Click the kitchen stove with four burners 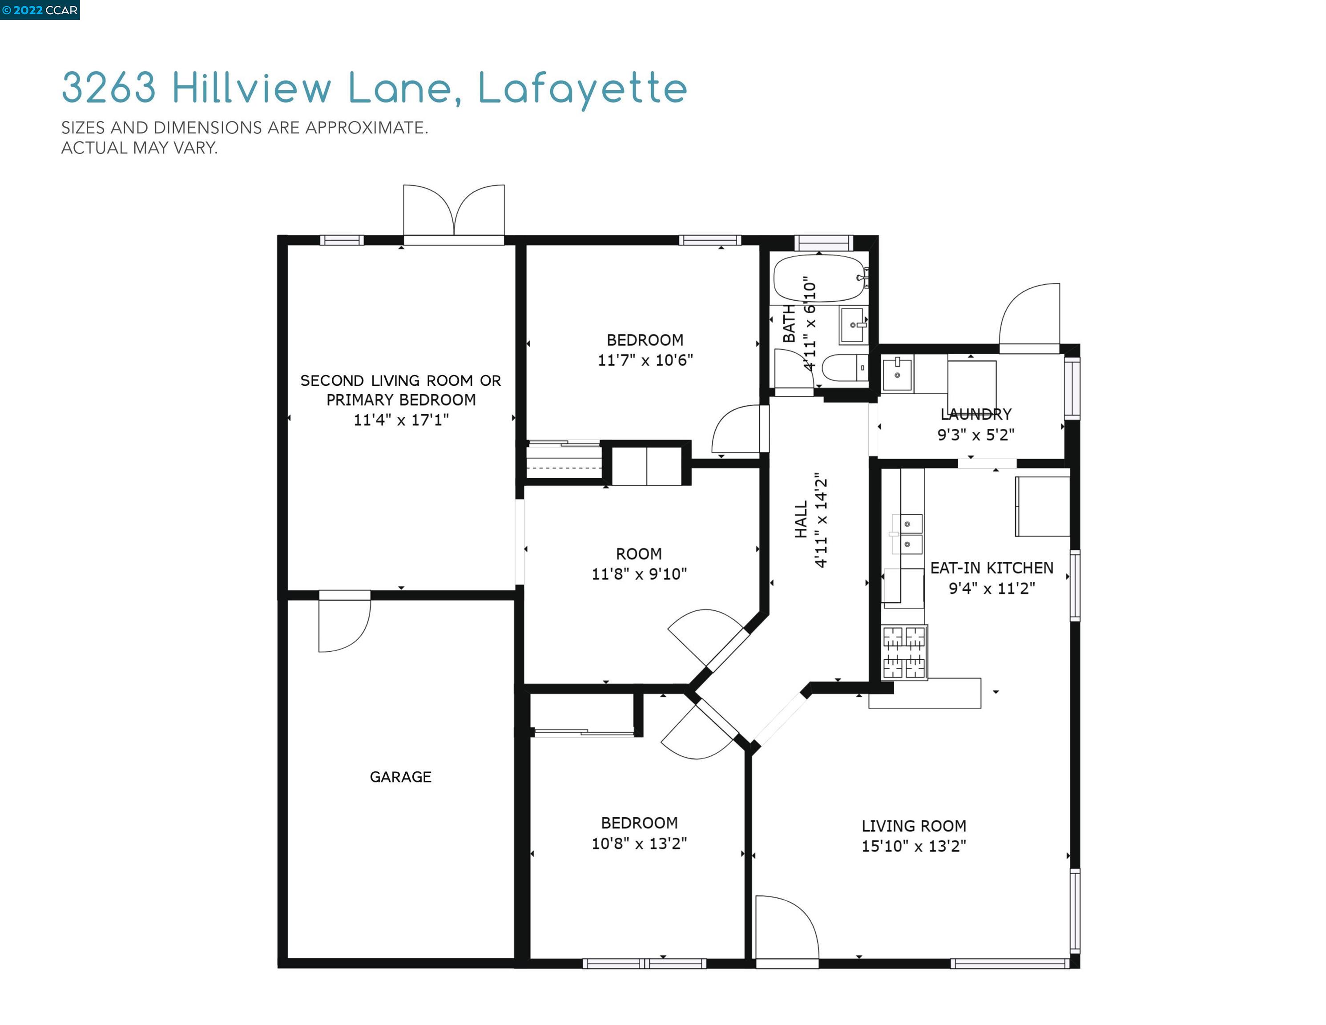[x=904, y=652]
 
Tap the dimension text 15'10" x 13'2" [x=913, y=846]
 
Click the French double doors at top [x=454, y=213]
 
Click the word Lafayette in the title [x=582, y=89]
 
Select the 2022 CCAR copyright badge [x=40, y=10]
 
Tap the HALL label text [x=801, y=519]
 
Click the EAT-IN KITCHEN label [x=991, y=568]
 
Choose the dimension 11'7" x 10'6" [x=645, y=360]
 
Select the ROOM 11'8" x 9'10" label [x=639, y=564]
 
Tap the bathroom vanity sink [x=853, y=325]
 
